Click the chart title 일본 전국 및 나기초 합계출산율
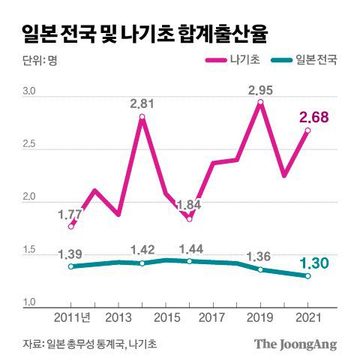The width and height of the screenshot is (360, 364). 142,32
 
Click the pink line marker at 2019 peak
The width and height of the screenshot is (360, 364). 260,102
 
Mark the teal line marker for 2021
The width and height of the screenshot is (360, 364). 307,276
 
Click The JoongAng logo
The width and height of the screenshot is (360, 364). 294,344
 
